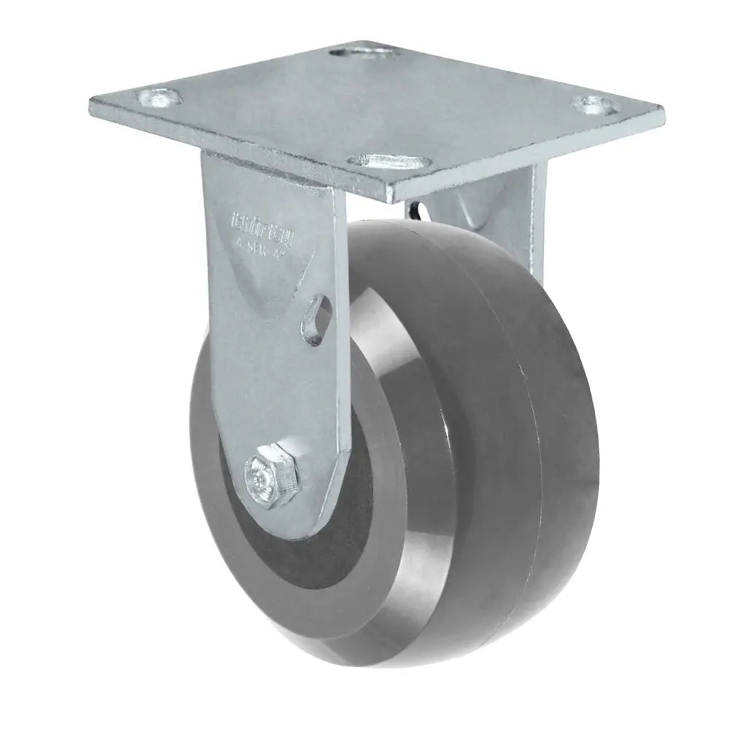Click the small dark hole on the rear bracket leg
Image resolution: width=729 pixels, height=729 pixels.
(416, 212)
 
